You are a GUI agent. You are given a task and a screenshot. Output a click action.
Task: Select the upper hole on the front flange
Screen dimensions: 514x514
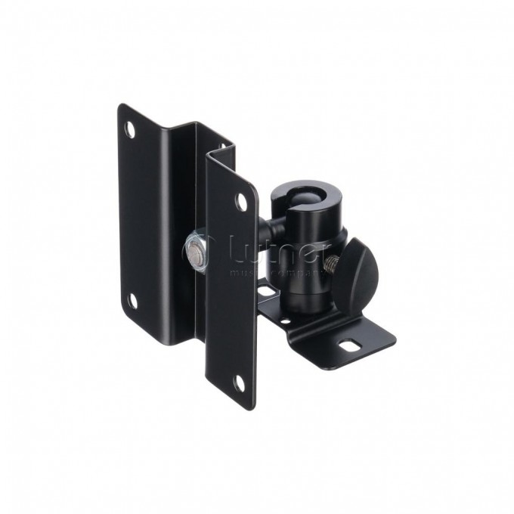[x=242, y=203]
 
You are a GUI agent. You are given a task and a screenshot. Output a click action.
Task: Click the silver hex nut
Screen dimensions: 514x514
[x=194, y=249]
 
